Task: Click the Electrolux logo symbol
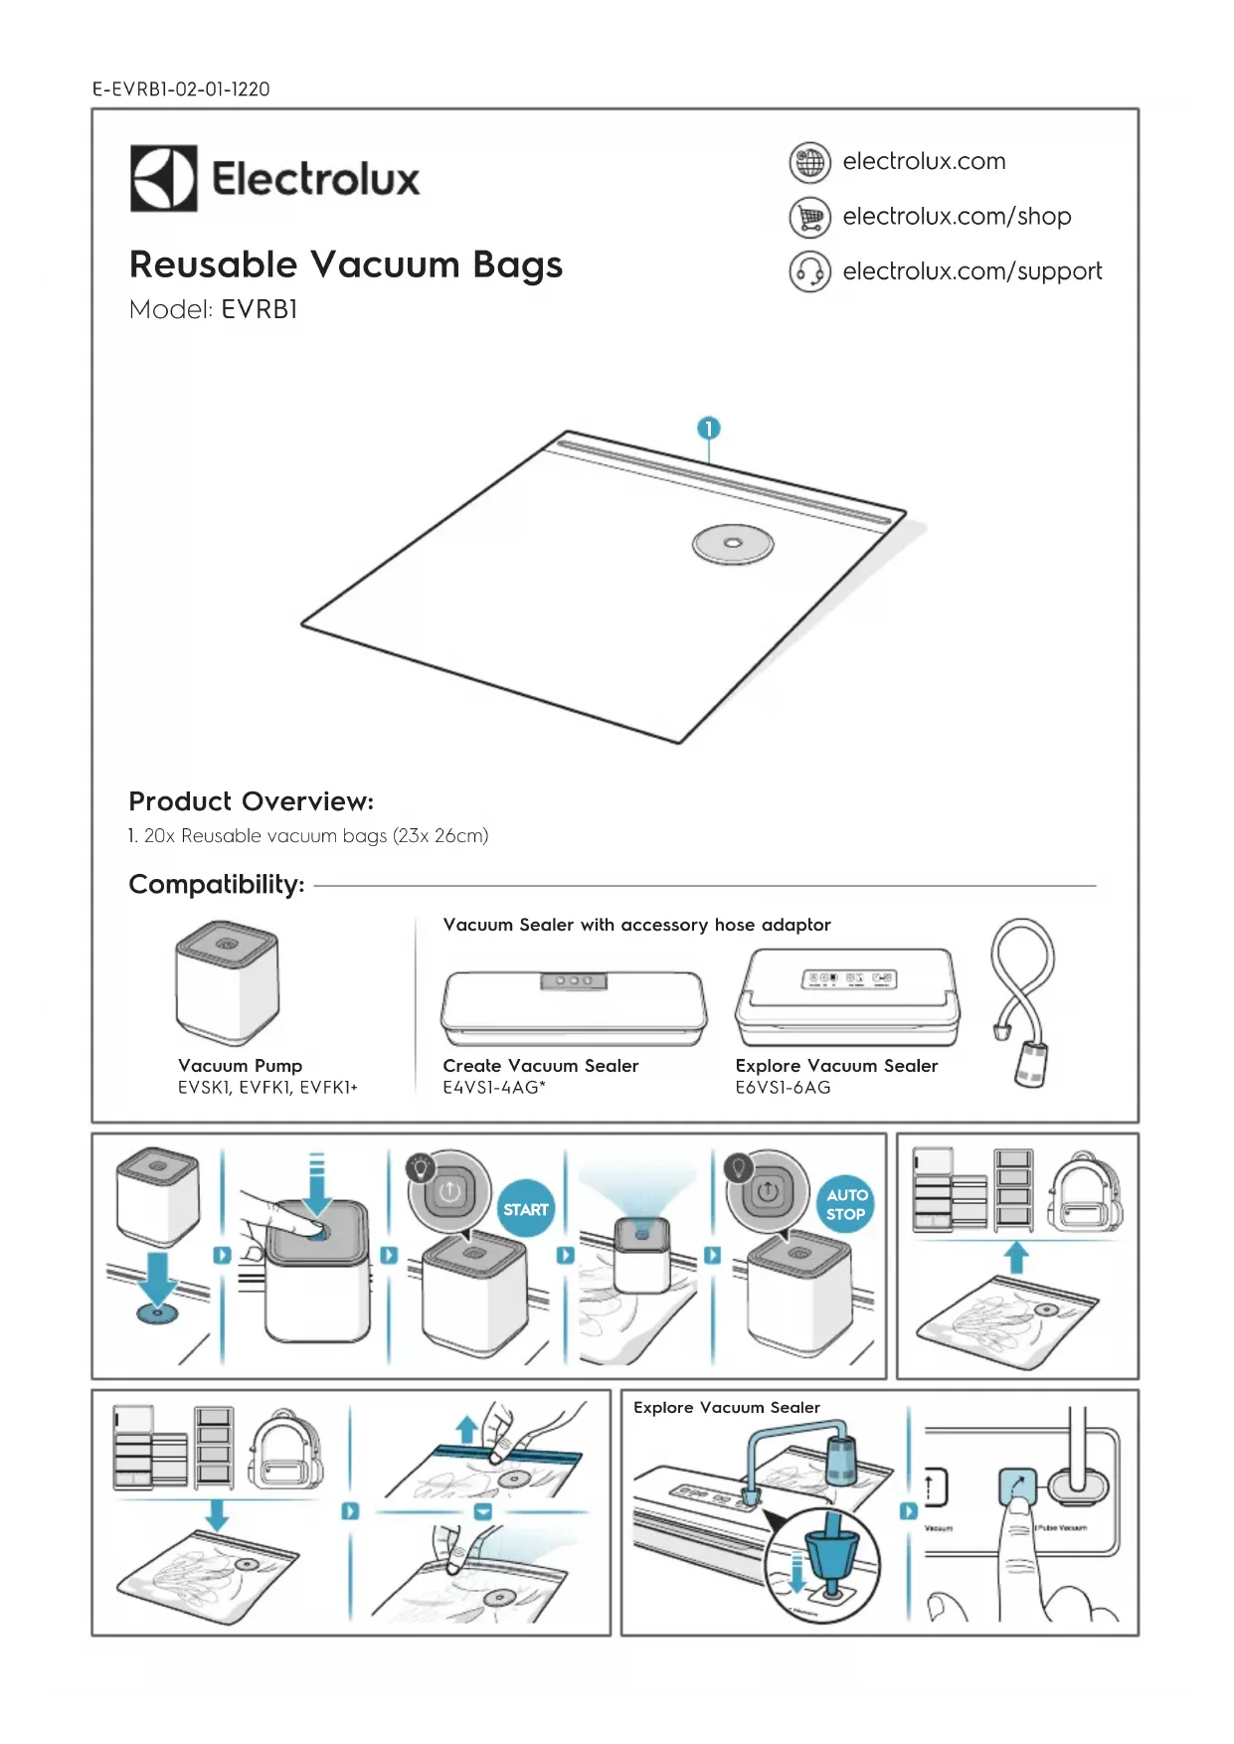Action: [163, 179]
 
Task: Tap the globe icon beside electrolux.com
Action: [809, 162]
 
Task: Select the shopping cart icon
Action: [809, 217]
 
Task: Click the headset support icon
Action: [809, 271]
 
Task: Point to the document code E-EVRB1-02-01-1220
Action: [181, 89]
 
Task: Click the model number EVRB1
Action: [260, 310]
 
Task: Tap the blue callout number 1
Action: [708, 429]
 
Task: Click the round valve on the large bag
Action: [733, 544]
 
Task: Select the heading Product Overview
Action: [251, 801]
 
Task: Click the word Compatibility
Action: [217, 884]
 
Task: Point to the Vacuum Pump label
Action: [240, 1065]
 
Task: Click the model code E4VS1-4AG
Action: [493, 1088]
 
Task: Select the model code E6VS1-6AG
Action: [783, 1088]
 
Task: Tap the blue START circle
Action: [525, 1209]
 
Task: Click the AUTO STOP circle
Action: [846, 1204]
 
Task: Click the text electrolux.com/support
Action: [971, 271]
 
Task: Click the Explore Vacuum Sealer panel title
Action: [726, 1407]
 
